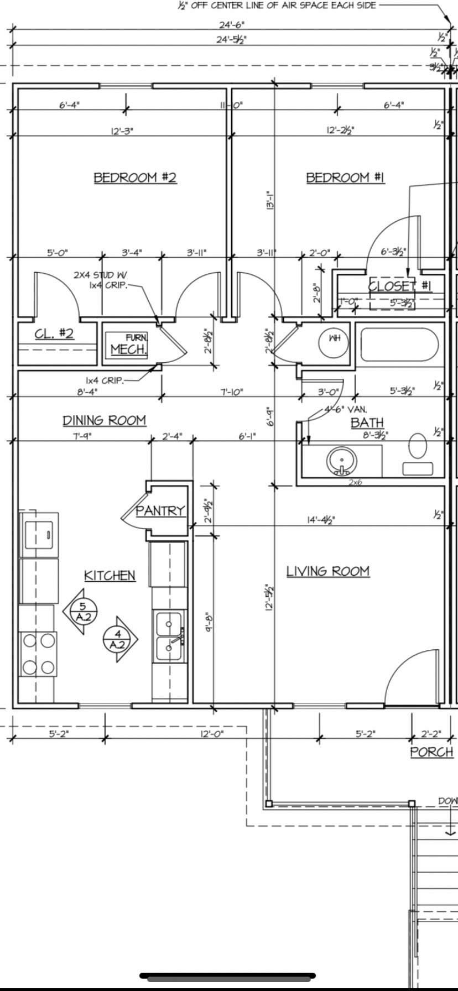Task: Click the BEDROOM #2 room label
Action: click(134, 178)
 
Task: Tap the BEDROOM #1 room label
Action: click(345, 178)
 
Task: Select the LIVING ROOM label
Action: click(327, 571)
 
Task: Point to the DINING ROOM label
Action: click(104, 420)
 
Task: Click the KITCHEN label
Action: click(110, 576)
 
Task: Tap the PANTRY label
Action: click(160, 510)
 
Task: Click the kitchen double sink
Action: click(169, 637)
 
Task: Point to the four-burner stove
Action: click(38, 654)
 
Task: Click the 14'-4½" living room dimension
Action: click(321, 519)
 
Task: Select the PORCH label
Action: click(431, 752)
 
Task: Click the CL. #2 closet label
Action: click(54, 333)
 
